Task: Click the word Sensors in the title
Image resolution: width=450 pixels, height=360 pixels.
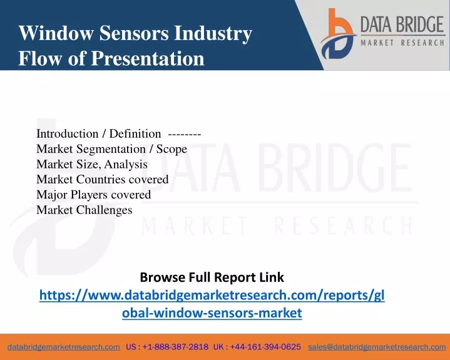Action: point(134,33)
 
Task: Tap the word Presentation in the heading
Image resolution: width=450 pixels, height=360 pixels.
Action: point(148,59)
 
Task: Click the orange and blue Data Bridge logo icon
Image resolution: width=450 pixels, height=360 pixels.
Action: point(339,34)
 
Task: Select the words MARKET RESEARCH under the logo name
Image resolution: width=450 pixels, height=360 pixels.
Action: point(402,43)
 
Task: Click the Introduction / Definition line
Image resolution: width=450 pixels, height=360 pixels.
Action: point(98,134)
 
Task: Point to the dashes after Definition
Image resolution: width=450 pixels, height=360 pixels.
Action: point(184,134)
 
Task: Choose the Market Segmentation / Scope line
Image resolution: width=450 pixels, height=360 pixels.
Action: point(111,149)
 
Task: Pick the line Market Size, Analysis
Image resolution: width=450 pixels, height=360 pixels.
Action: point(92,164)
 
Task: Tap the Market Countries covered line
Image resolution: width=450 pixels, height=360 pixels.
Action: point(103,180)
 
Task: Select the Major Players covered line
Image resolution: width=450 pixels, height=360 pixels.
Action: point(93,195)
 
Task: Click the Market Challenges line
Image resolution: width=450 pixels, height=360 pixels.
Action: point(84,210)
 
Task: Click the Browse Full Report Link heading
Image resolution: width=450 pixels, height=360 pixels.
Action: point(212,277)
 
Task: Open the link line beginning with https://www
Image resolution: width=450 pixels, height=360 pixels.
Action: point(212,295)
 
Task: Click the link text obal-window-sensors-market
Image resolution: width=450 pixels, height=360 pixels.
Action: point(212,312)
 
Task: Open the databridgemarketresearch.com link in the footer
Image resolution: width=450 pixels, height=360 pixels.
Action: point(64,347)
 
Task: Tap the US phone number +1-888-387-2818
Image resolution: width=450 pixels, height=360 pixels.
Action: point(175,347)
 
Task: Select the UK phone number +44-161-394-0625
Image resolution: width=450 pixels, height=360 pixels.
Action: point(265,347)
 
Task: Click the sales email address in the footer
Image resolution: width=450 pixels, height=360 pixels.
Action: point(377,347)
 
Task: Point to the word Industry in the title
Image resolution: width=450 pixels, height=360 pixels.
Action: point(213,33)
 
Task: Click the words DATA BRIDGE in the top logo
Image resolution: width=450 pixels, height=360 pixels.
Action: point(402,24)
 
